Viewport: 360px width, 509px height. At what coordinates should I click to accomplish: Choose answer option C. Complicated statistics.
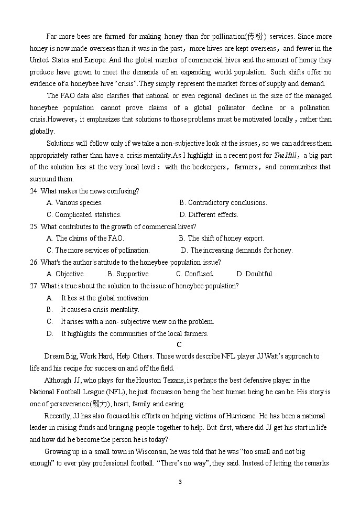[84, 214]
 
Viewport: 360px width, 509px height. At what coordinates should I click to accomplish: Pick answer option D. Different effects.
[209, 214]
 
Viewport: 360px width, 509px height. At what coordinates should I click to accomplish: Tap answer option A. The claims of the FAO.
[85, 239]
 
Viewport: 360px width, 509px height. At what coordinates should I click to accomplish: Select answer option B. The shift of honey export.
[221, 239]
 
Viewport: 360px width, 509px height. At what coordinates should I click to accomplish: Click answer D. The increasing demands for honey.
[237, 251]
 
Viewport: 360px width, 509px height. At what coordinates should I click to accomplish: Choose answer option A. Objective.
[66, 274]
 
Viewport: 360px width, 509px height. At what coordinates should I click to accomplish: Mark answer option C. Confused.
[195, 274]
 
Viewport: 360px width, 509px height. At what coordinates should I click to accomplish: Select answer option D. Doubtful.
[255, 274]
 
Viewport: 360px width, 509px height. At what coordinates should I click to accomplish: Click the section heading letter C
[179, 344]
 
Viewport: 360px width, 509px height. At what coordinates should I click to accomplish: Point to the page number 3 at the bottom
[180, 482]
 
